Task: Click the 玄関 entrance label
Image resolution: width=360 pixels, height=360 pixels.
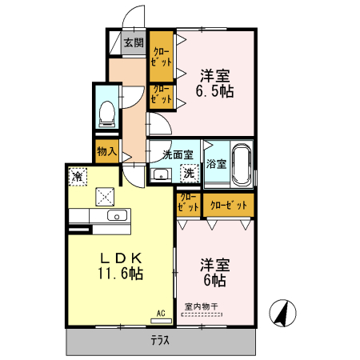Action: coord(133,43)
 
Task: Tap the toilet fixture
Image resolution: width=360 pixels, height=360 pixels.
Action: coord(106,115)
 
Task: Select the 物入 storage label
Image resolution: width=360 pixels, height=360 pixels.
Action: coord(106,150)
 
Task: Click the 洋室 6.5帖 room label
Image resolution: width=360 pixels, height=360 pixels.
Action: coord(216,83)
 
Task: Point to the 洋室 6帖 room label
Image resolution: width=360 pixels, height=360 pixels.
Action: coord(214,272)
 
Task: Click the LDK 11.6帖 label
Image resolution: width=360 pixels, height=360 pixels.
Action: coord(121,266)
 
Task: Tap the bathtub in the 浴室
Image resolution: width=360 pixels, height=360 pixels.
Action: coord(241,163)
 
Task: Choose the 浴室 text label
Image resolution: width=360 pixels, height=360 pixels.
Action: coord(216,164)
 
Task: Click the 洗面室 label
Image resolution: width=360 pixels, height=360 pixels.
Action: coord(178,154)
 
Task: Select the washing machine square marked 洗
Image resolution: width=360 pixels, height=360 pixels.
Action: coord(190,172)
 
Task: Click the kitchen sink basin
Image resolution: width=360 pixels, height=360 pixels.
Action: coord(117,217)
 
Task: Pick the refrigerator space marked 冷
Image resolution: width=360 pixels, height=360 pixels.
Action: coord(78,174)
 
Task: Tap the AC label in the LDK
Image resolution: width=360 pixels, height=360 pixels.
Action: coord(160,313)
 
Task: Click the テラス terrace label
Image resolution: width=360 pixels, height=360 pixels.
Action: coord(160,339)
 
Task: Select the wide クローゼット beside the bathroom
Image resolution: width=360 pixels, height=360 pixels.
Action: coord(228,205)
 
